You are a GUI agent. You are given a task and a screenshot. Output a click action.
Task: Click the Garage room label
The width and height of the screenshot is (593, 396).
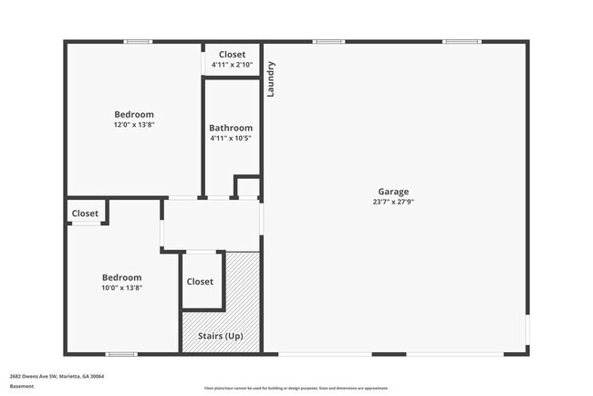394,192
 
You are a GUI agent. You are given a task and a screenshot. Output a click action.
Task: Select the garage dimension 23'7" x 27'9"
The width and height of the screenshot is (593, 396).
394,202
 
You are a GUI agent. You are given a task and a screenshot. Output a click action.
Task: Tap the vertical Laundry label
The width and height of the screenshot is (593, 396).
271,79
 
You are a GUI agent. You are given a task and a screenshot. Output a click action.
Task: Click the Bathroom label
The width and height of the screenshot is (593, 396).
231,128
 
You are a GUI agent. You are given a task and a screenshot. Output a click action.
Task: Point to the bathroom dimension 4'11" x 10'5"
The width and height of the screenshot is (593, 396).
231,138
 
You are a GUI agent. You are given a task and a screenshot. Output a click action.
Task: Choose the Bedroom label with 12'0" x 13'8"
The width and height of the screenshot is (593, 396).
134,114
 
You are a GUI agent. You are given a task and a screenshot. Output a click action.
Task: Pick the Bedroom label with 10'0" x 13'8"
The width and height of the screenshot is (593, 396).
121,277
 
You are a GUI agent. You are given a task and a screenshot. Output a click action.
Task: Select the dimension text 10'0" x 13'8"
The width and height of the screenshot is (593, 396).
121,287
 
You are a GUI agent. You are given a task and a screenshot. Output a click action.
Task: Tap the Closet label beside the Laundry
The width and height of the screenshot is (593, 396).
232,55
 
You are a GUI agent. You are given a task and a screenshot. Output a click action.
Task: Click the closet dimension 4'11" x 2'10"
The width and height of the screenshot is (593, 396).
232,65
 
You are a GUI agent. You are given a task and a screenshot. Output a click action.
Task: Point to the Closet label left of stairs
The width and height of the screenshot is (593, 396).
200,282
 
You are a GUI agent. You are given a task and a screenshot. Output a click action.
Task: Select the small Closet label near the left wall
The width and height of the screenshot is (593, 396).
85,214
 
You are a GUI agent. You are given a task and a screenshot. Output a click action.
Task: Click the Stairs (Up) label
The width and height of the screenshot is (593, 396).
221,337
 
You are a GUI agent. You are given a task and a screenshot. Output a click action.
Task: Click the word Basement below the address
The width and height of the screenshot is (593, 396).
22,386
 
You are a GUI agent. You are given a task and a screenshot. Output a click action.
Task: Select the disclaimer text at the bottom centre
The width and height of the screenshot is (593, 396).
296,388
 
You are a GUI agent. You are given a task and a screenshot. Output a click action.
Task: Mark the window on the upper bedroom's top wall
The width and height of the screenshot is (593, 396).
138,41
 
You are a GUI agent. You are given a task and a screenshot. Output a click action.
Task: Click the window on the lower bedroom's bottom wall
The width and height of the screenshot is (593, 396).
120,354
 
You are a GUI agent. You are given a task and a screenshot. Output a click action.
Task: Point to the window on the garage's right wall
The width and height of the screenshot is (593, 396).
527,329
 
